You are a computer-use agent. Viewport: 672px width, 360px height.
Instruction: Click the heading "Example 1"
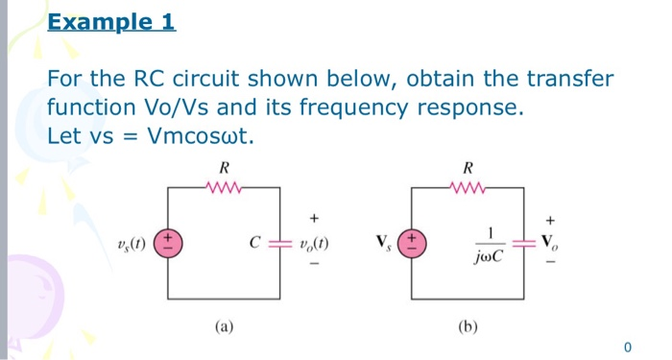[111, 21]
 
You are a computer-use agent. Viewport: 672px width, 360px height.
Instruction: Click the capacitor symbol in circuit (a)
[279, 243]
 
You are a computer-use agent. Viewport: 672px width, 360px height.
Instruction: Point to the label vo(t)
[314, 243]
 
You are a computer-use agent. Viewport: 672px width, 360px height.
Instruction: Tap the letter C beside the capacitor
[254, 243]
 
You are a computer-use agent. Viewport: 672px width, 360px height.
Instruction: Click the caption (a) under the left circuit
[223, 326]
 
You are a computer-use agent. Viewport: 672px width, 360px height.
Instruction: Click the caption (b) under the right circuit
[468, 326]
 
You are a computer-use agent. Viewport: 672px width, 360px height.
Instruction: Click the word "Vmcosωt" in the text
[200, 135]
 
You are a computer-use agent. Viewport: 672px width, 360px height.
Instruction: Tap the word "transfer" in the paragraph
[569, 79]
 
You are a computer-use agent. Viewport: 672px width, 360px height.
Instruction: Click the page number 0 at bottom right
[627, 346]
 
